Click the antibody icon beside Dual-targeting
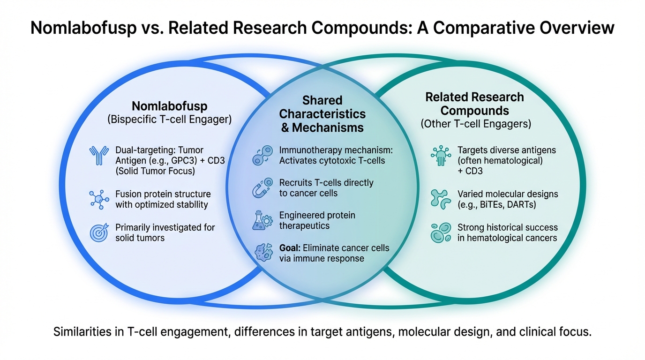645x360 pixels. tap(99, 156)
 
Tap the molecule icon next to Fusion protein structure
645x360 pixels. tap(99, 199)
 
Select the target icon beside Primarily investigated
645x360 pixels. tap(99, 232)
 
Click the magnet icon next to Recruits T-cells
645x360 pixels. tap(262, 188)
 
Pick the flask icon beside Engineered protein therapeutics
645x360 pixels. tap(262, 220)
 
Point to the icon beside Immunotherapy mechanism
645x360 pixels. tap(262, 155)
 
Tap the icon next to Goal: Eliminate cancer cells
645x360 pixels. tap(263, 253)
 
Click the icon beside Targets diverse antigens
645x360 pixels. tap(441, 156)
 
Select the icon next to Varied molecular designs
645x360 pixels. tap(441, 199)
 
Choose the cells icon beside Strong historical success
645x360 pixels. tap(441, 232)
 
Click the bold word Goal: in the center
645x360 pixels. tap(290, 248)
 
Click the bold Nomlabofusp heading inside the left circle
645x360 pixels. tap(170, 106)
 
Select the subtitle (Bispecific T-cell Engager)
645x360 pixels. tap(170, 119)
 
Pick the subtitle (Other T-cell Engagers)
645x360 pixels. tap(476, 124)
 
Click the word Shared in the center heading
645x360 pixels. tap(322, 100)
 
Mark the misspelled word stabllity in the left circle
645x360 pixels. tap(189, 205)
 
